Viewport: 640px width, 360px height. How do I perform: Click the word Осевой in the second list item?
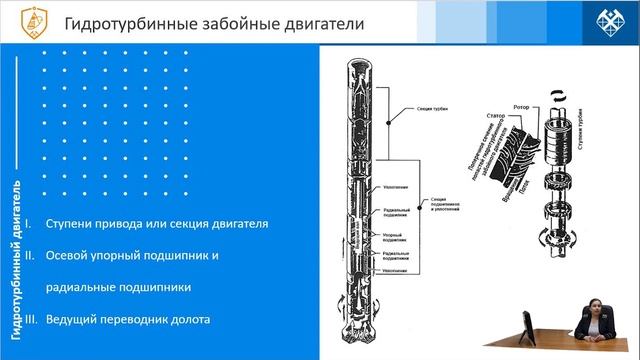(67, 256)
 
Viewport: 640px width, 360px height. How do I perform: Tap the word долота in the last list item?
(189, 320)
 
